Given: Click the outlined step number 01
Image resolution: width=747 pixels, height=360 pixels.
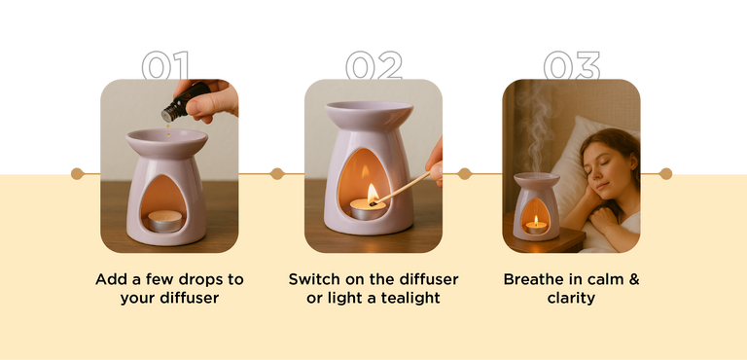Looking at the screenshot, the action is [x=165, y=65].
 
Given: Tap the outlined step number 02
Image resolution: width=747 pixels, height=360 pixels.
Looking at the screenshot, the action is [x=373, y=65].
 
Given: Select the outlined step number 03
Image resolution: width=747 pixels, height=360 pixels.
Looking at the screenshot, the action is [x=571, y=65].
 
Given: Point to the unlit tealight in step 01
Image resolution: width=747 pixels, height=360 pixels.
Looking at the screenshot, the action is [x=164, y=221].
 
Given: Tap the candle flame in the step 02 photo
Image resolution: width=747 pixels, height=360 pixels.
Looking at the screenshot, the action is [x=373, y=193].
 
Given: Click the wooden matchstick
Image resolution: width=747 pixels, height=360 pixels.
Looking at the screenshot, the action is [x=400, y=189].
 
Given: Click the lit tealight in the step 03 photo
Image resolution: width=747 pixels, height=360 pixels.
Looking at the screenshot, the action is [x=537, y=226].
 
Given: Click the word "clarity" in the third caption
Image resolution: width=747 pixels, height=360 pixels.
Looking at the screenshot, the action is [x=571, y=299].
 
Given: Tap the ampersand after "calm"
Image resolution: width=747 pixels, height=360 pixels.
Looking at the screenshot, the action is [x=633, y=279].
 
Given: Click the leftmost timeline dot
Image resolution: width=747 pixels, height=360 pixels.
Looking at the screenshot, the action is [x=77, y=173].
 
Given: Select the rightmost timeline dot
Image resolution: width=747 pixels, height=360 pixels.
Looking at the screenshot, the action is [x=665, y=173].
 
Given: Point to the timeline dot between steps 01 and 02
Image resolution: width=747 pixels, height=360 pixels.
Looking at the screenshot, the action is [x=277, y=173].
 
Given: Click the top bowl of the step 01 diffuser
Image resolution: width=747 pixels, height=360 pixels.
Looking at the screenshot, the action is [x=166, y=142].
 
